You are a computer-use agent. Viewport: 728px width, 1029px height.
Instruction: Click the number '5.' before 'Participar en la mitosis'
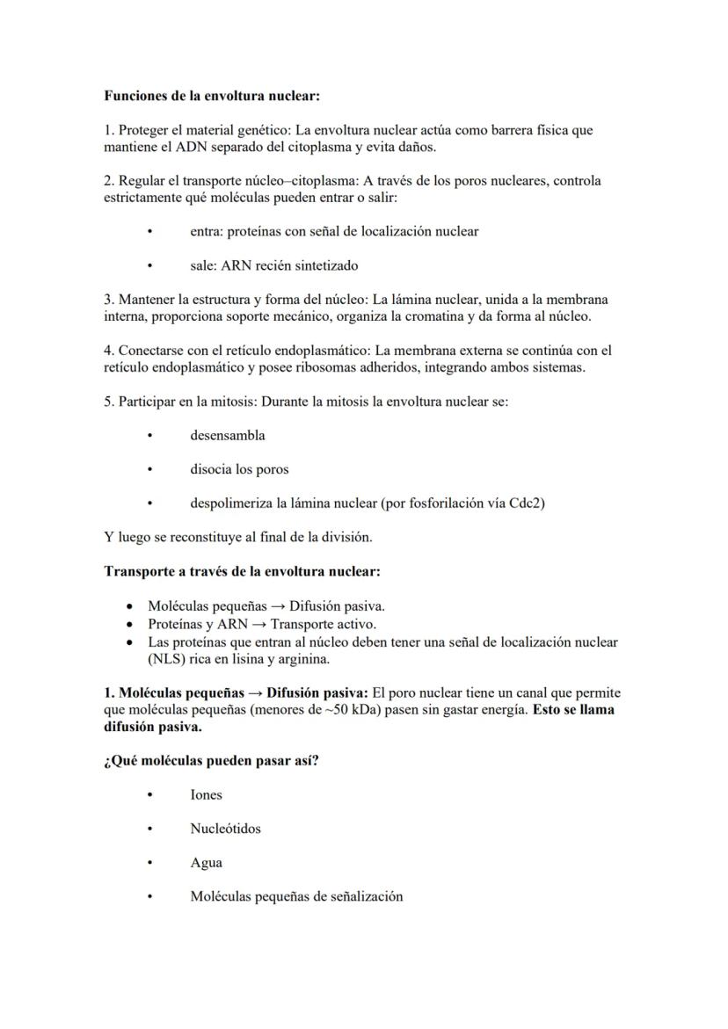coord(109,402)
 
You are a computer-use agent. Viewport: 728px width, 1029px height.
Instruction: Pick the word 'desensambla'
coord(227,435)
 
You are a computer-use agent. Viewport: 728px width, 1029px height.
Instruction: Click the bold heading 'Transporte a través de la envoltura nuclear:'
coord(242,571)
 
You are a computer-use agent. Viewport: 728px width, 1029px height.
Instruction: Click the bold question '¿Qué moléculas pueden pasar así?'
coord(211,760)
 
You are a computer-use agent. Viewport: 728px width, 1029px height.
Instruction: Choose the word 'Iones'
coord(206,795)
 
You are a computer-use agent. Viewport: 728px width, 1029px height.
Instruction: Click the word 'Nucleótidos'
coord(225,829)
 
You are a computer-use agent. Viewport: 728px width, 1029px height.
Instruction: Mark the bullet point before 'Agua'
coord(150,863)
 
